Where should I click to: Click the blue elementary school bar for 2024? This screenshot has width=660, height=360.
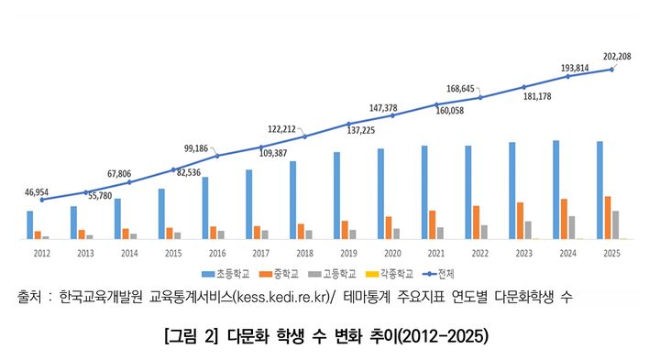click(556, 190)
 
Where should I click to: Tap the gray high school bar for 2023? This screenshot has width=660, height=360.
click(528, 229)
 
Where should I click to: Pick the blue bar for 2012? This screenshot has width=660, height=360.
click(30, 224)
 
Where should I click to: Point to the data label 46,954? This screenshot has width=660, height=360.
click(39, 192)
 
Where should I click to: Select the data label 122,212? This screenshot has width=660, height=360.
click(284, 128)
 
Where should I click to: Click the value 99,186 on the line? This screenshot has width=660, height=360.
click(197, 147)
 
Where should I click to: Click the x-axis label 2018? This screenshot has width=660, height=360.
click(304, 252)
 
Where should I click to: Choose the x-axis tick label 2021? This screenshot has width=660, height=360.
click(436, 252)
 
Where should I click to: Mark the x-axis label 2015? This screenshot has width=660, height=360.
click(173, 252)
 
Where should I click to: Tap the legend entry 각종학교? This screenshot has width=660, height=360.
click(392, 273)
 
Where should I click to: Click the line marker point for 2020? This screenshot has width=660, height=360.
click(392, 115)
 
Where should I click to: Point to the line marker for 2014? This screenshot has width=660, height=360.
click(129, 182)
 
